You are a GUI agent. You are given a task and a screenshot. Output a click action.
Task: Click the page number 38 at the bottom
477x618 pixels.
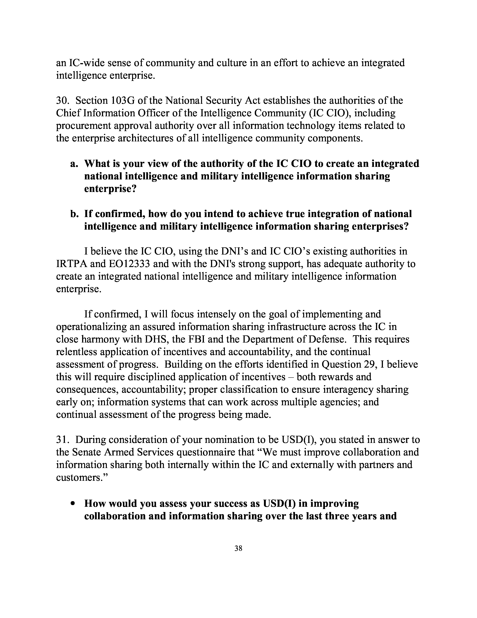(x=238, y=548)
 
